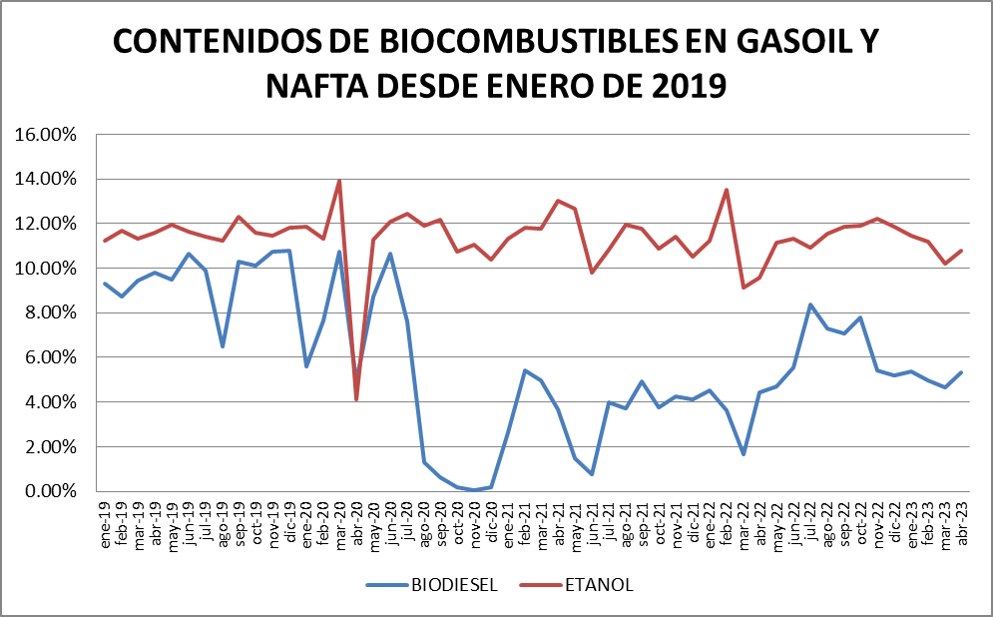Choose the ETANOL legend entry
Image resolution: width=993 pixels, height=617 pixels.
pyautogui.click(x=598, y=585)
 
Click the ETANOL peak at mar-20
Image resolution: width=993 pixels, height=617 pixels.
pyautogui.click(x=339, y=181)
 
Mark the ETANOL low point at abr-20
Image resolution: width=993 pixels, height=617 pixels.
pyautogui.click(x=356, y=399)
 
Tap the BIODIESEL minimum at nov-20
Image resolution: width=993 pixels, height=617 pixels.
pyautogui.click(x=474, y=490)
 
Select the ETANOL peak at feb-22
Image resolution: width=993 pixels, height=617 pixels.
pyautogui.click(x=726, y=190)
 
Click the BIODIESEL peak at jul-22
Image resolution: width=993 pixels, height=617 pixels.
pyautogui.click(x=809, y=305)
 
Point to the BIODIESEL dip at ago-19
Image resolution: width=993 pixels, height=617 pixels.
pyautogui.click(x=223, y=346)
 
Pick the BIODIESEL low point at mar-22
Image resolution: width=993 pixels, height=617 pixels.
pyautogui.click(x=744, y=454)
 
